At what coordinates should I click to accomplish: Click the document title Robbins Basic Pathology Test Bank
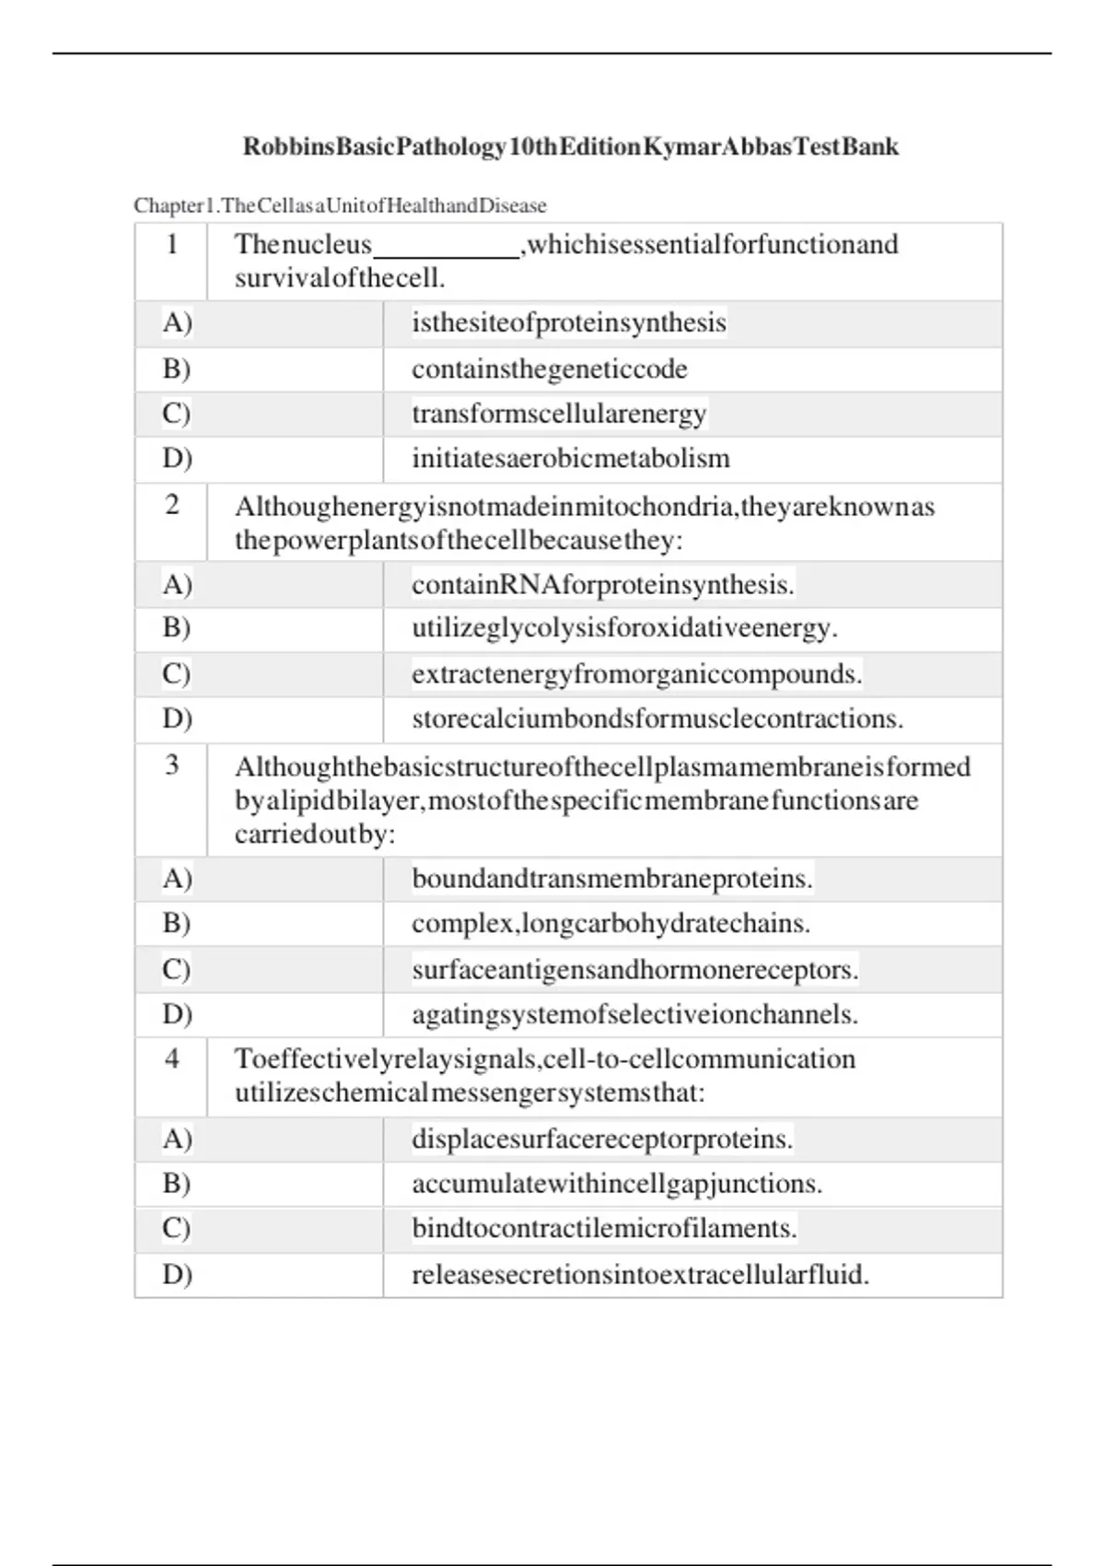(570, 147)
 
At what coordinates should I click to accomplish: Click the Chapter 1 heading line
(340, 205)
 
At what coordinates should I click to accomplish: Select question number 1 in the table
(171, 245)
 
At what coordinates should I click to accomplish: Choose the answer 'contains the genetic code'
(549, 369)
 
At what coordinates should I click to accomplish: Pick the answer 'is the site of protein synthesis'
(568, 323)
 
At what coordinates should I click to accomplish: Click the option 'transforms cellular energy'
(558, 414)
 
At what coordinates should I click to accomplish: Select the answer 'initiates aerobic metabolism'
(570, 459)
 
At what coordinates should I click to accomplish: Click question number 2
(172, 505)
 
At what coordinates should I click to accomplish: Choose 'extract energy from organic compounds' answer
(636, 674)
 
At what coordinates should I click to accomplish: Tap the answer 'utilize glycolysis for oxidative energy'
(624, 628)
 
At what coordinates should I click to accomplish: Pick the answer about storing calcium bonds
(657, 719)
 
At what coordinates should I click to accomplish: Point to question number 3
(172, 765)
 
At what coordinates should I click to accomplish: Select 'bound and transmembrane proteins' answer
(611, 879)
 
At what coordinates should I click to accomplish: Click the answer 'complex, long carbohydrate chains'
(611, 924)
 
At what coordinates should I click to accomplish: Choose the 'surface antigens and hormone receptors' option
(634, 970)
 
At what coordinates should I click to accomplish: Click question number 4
(172, 1058)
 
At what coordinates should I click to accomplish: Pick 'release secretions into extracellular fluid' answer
(640, 1275)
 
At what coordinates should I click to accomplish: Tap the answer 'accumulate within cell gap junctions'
(616, 1184)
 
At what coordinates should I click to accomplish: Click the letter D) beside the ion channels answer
(177, 1014)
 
